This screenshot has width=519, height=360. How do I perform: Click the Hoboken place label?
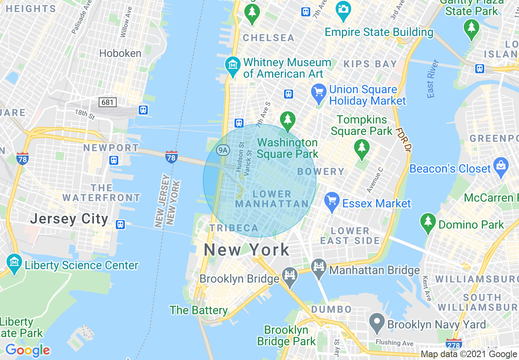click(120, 54)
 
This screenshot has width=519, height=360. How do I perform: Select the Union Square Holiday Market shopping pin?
click(318, 92)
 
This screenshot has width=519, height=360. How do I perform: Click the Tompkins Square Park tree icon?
click(361, 148)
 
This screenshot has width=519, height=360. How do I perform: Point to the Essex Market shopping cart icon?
click(332, 200)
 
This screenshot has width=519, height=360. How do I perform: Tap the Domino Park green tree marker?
click(428, 222)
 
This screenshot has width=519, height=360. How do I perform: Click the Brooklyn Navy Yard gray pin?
click(377, 322)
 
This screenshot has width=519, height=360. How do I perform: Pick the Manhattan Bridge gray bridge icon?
click(319, 268)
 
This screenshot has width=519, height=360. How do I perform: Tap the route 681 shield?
click(108, 102)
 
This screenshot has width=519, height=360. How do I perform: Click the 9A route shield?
click(222, 150)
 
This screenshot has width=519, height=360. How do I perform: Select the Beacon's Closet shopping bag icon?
click(501, 166)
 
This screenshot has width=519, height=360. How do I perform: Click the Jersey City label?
click(69, 219)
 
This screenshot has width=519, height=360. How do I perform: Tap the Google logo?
click(27, 350)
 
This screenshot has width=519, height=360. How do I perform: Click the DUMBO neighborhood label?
click(331, 309)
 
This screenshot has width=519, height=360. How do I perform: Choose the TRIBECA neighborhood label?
click(234, 228)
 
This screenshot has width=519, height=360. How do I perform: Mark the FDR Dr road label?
click(403, 140)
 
